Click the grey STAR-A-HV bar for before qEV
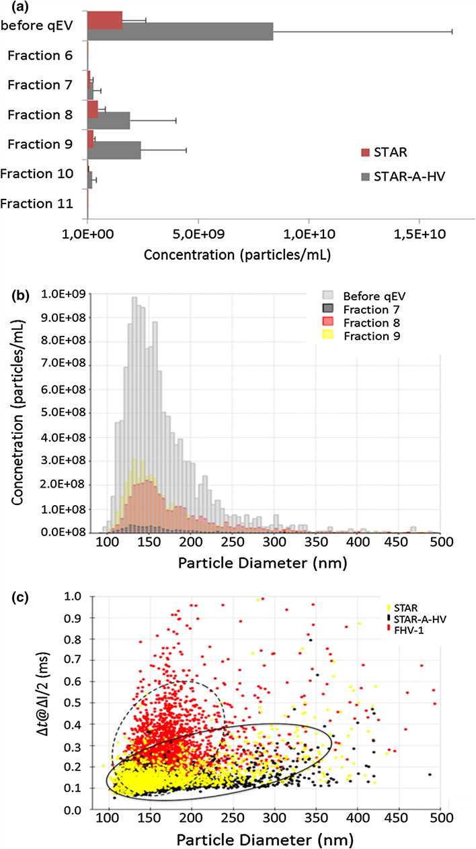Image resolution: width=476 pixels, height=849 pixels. [180, 31]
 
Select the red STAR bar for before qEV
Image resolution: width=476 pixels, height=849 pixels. [105, 20]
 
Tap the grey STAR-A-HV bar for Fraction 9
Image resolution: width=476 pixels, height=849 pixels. [114, 150]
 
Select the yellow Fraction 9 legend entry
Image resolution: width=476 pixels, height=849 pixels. [372, 335]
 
